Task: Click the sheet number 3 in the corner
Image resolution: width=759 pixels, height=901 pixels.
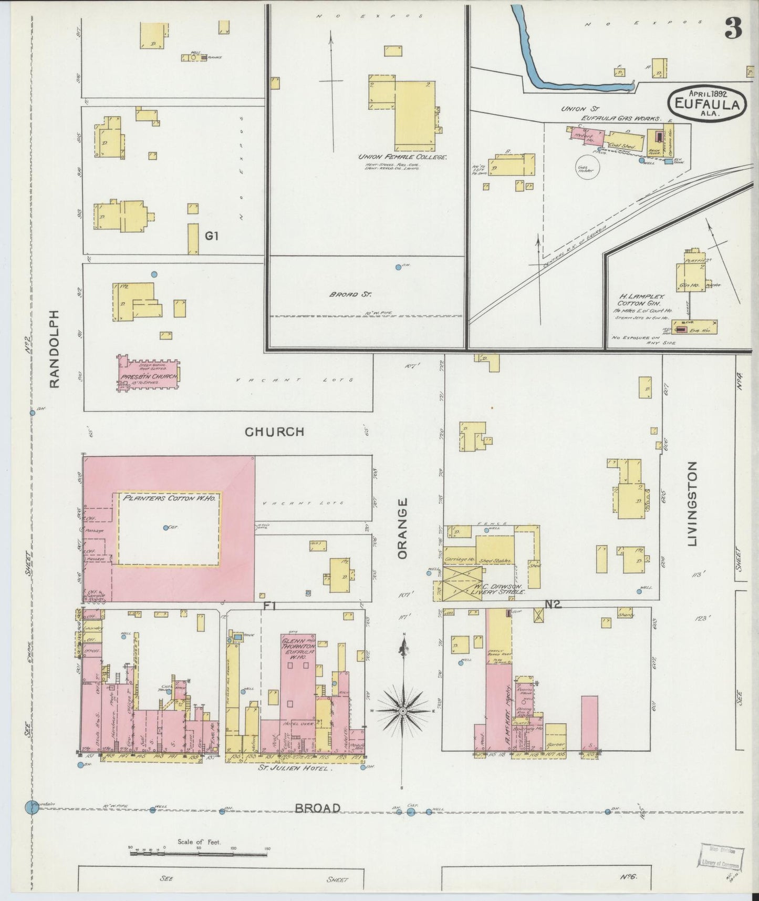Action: [733, 29]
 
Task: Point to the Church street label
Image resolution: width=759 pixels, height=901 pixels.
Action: [274, 432]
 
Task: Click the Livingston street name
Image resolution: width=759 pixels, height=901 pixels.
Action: [692, 504]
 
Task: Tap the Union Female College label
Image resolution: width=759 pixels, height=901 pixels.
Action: [402, 157]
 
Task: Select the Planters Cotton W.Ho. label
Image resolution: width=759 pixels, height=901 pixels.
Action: [168, 497]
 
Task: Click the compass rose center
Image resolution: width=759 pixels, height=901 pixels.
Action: [403, 711]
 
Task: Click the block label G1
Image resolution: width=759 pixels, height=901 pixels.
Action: [212, 237]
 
